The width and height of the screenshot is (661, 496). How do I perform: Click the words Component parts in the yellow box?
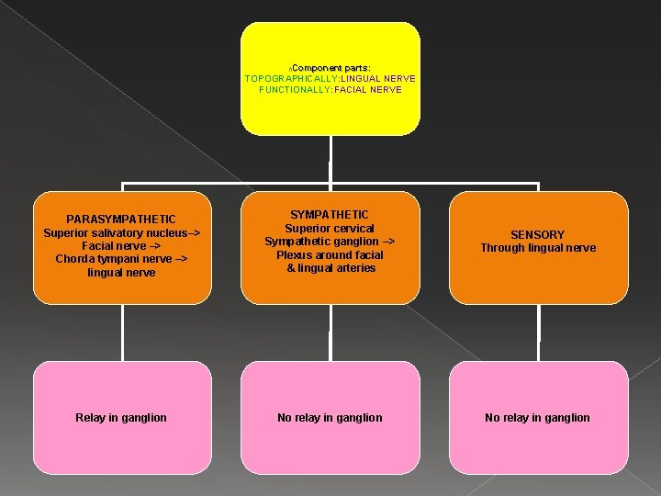tap(331, 68)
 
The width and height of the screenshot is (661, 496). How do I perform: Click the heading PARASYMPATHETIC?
tap(121, 220)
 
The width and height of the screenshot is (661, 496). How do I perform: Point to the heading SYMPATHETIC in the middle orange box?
tap(330, 215)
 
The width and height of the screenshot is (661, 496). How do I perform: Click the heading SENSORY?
tap(538, 235)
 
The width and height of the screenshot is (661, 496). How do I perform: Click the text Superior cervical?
tap(330, 229)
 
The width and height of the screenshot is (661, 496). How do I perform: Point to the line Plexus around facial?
tap(330, 254)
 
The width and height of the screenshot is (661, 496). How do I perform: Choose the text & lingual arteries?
tap(330, 268)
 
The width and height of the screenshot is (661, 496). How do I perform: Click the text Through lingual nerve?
tap(538, 248)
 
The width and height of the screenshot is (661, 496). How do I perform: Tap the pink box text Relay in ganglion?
tap(121, 418)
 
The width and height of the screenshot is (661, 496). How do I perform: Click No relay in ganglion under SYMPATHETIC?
tap(330, 418)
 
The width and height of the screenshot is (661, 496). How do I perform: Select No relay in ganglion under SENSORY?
tap(538, 418)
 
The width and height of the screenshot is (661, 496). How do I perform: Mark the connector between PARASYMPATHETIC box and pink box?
tap(122, 332)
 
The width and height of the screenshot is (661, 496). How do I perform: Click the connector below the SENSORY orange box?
tap(539, 332)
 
